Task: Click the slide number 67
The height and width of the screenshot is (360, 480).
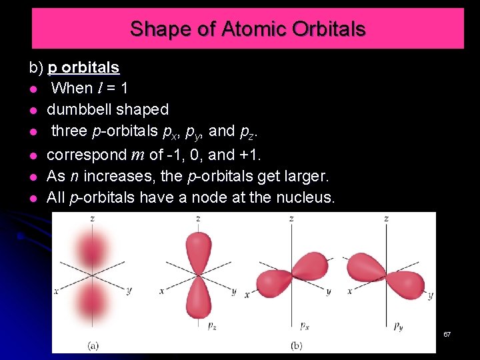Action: [x=447, y=333]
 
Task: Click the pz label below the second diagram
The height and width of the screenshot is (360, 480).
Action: [x=212, y=326]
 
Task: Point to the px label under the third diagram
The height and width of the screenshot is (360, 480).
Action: [x=305, y=326]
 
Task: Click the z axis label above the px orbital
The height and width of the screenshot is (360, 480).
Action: [x=291, y=219]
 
